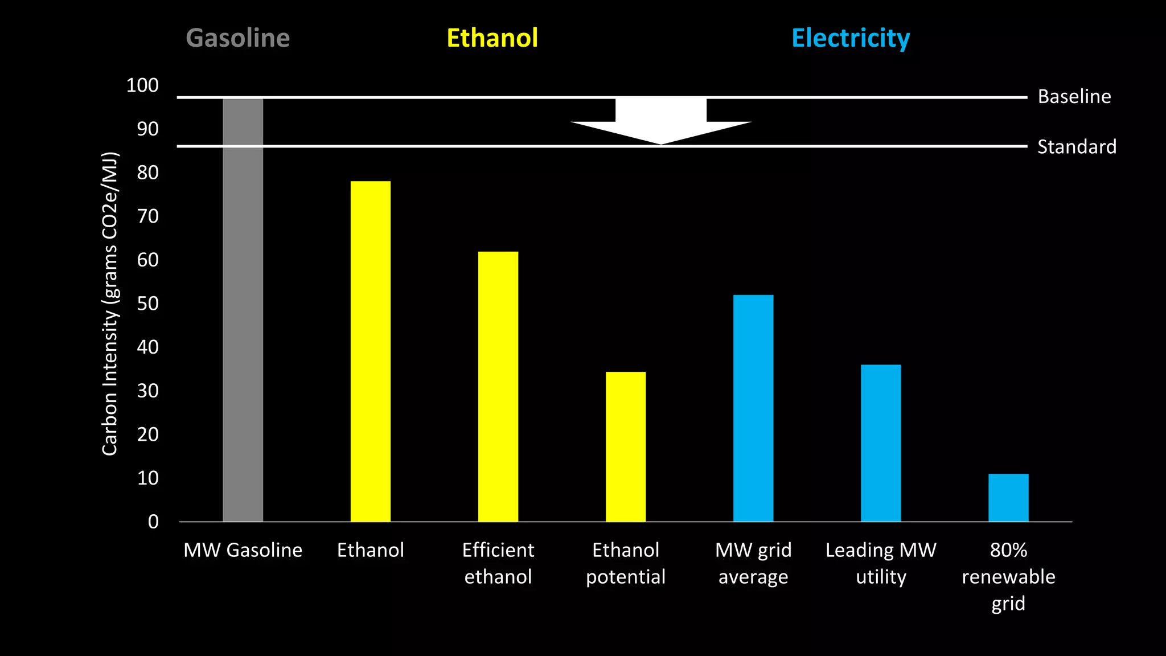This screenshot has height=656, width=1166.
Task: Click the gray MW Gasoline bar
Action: (x=243, y=310)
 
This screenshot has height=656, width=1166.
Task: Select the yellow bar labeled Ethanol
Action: (x=371, y=351)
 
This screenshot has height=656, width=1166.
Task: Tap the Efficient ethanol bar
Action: (x=498, y=386)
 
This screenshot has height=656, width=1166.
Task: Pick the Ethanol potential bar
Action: (x=626, y=446)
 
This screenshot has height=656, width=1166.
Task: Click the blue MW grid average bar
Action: (x=753, y=408)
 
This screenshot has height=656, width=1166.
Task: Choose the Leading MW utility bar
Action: (x=881, y=443)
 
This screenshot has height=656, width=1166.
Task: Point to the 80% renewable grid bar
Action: (x=1008, y=497)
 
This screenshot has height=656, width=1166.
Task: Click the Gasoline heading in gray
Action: (x=238, y=38)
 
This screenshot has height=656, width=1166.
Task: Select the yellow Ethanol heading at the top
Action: (x=492, y=38)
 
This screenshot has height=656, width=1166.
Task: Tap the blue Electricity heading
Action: (x=851, y=39)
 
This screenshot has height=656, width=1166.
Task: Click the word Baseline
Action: (x=1074, y=96)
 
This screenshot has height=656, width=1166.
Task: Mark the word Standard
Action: (x=1076, y=147)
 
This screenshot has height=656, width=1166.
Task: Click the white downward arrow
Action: (x=661, y=121)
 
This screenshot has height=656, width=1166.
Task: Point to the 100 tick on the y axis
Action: (x=142, y=85)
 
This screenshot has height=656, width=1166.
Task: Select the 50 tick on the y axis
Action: (x=147, y=304)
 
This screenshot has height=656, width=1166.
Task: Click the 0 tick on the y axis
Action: (x=153, y=522)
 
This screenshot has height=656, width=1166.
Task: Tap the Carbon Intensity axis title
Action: (x=109, y=304)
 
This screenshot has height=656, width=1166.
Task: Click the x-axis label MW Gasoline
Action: (x=243, y=550)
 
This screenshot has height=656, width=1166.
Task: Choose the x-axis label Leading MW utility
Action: (x=881, y=563)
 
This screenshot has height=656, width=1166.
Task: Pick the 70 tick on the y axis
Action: (x=147, y=216)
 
